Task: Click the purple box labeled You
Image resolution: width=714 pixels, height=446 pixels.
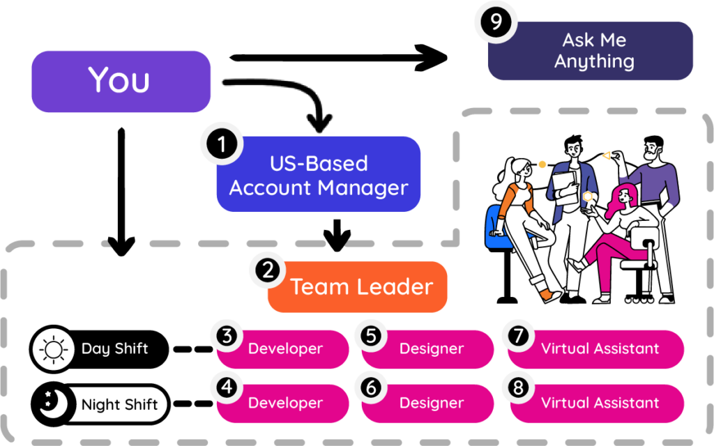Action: tap(120, 81)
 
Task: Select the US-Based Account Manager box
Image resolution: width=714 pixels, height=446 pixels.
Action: tap(319, 174)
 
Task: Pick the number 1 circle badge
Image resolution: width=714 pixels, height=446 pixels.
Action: tap(221, 145)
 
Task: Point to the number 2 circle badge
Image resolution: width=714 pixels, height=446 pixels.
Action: tap(268, 270)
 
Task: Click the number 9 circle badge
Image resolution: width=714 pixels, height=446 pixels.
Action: tap(496, 22)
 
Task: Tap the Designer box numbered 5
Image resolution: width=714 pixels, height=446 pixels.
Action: tap(431, 348)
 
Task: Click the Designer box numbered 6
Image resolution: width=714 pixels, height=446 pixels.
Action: tap(431, 403)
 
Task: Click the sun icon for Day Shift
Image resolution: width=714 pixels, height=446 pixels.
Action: tap(54, 348)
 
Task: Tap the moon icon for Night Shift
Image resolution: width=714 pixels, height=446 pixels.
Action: tap(54, 403)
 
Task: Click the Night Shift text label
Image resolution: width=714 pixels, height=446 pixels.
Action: tap(119, 404)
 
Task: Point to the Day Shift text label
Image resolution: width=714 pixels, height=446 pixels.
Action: tap(114, 348)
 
